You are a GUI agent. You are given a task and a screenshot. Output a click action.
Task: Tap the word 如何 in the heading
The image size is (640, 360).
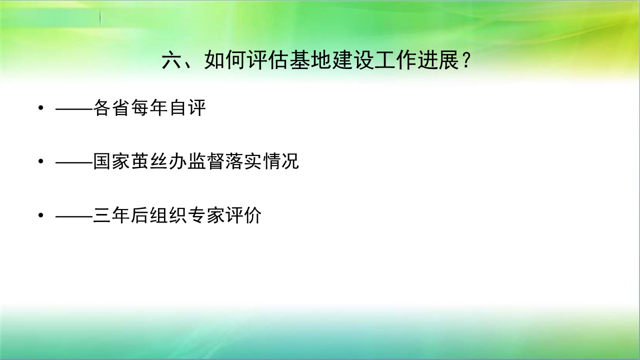click(x=225, y=60)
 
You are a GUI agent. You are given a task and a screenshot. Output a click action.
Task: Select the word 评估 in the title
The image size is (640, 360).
click(x=267, y=60)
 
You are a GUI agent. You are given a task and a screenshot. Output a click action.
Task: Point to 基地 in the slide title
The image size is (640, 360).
click(x=310, y=60)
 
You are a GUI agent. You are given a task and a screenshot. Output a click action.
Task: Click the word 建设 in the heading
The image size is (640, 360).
click(x=353, y=60)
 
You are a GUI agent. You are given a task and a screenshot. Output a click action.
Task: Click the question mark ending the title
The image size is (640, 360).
click(x=466, y=60)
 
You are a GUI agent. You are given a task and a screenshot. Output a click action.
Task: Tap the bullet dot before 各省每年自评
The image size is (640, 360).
click(x=41, y=107)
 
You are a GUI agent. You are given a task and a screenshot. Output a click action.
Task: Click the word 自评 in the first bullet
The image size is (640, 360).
click(x=187, y=107)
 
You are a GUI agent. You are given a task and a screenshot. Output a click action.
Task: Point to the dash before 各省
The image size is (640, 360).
click(x=74, y=108)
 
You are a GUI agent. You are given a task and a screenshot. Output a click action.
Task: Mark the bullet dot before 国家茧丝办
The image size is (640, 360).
click(x=41, y=161)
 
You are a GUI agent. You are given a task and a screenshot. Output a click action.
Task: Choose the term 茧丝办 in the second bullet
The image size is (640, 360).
click(x=158, y=161)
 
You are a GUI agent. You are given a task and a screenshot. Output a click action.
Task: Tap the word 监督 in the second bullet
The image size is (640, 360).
click(x=205, y=161)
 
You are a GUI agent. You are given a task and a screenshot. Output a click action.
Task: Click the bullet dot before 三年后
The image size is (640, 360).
click(x=41, y=215)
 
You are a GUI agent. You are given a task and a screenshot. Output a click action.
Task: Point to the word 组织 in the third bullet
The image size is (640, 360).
click(x=167, y=215)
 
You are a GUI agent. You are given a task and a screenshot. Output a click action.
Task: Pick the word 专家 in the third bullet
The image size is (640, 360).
click(x=205, y=215)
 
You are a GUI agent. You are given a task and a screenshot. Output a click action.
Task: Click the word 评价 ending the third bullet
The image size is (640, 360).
click(x=243, y=215)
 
